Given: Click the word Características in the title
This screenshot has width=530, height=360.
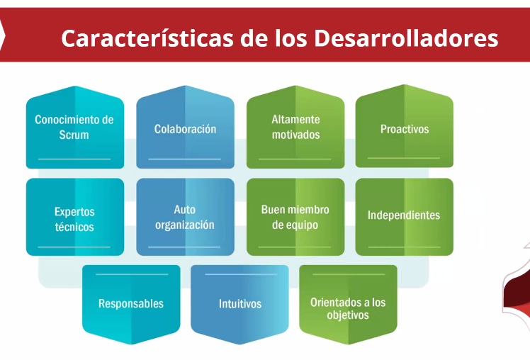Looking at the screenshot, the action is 147,38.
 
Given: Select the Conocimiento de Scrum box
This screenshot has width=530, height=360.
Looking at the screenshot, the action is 75,127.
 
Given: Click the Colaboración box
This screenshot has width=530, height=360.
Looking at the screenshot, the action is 185,127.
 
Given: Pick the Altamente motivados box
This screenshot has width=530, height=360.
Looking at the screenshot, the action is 295,127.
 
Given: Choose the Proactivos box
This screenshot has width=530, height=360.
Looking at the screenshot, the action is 405,126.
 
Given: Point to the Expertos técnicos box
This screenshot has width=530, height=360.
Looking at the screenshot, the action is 75,217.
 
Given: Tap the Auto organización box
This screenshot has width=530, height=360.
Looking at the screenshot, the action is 185,217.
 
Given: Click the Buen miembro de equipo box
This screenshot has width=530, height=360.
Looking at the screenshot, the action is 295,217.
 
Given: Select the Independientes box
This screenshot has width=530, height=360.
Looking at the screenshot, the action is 405,217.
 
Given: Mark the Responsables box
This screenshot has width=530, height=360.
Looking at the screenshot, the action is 131,304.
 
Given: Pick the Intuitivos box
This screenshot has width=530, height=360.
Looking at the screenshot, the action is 239,304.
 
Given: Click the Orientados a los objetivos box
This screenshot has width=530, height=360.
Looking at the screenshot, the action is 348,304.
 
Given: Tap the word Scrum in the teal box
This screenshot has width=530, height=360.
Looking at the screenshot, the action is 74,135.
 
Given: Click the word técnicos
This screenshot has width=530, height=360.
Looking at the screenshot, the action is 74,227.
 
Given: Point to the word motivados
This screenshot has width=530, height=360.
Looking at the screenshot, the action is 295,135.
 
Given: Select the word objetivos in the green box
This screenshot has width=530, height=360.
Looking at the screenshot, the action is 348,315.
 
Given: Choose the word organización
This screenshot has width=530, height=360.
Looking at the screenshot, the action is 184,225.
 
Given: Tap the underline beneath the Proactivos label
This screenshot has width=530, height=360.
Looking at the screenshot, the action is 404,158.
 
